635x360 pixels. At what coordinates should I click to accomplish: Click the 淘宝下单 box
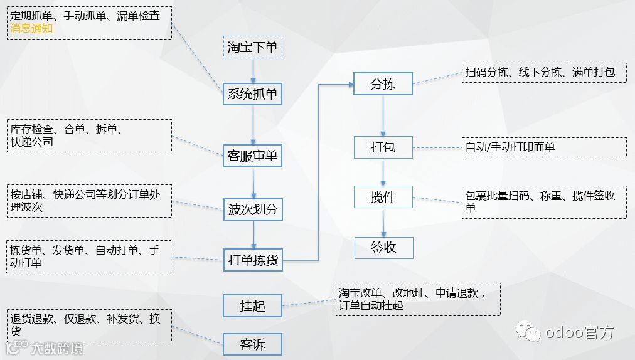253,47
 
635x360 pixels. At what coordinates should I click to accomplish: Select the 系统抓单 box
252,94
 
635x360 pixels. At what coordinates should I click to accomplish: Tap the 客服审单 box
252,156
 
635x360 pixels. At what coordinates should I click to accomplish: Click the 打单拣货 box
252,260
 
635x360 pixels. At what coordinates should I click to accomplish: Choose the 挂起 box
252,306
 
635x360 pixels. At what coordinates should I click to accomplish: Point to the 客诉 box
252,345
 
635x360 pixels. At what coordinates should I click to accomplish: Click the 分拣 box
383,84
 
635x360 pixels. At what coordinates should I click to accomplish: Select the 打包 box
383,148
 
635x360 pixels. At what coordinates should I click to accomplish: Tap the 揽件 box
383,197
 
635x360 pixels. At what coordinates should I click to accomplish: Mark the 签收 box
383,248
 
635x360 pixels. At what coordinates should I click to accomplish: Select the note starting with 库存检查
89,135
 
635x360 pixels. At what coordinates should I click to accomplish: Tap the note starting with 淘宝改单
418,299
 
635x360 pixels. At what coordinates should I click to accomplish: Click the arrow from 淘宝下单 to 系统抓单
253,70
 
